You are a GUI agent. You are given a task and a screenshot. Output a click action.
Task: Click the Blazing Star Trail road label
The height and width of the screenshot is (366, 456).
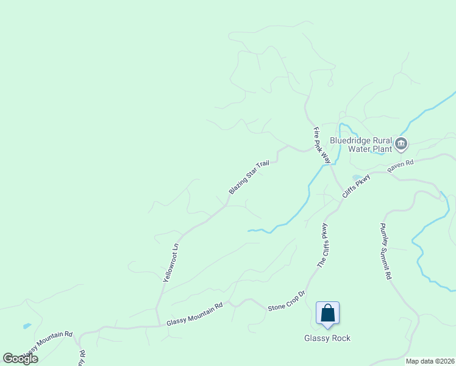(x=249, y=178)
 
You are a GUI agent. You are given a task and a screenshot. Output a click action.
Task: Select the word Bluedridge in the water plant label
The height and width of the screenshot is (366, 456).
(x=349, y=139)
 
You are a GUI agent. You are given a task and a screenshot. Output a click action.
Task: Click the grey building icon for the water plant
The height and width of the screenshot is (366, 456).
(x=401, y=144)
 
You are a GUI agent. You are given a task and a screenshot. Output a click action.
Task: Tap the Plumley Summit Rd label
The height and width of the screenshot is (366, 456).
(x=386, y=251)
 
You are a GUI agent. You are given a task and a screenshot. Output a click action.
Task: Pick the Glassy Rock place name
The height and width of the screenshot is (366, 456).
(x=327, y=338)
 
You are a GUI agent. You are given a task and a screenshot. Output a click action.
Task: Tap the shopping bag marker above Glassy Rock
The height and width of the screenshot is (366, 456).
(x=327, y=314)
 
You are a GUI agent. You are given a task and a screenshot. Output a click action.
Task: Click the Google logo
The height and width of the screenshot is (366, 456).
(x=20, y=359)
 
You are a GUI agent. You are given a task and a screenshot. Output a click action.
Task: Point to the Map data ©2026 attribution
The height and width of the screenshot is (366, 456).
(x=430, y=361)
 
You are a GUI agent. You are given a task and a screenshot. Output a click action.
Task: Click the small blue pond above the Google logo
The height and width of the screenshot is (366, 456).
(x=27, y=326)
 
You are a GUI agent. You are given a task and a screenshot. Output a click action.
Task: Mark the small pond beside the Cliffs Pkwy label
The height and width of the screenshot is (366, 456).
(x=356, y=178)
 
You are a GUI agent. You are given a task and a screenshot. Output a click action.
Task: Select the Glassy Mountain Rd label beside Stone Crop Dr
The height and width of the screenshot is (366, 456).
(x=194, y=314)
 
